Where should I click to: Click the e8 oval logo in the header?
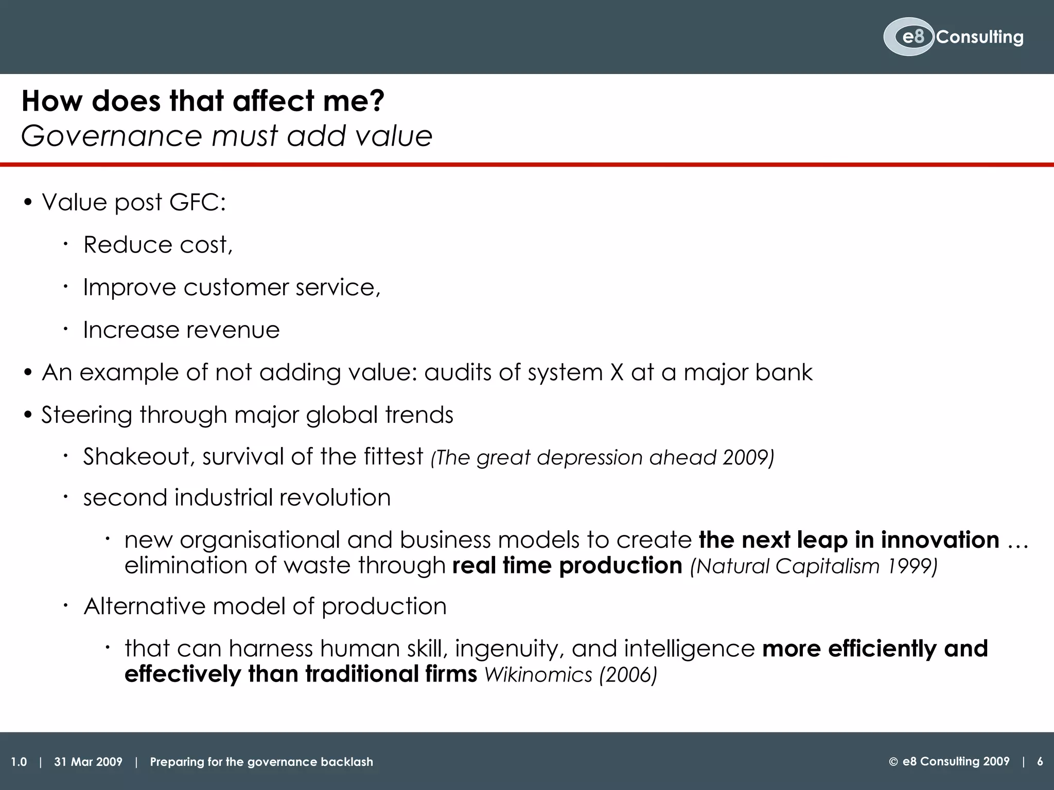click(x=909, y=37)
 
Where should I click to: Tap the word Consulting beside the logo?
click(x=980, y=37)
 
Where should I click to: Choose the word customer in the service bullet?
click(x=236, y=287)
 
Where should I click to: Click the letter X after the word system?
click(x=617, y=372)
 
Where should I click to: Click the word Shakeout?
click(x=136, y=457)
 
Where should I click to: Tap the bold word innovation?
click(x=940, y=540)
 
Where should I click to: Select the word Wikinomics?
click(x=538, y=675)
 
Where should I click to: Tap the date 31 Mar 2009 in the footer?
click(x=88, y=762)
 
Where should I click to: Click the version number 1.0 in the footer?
click(x=19, y=762)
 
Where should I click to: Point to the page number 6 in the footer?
click(x=1040, y=762)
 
